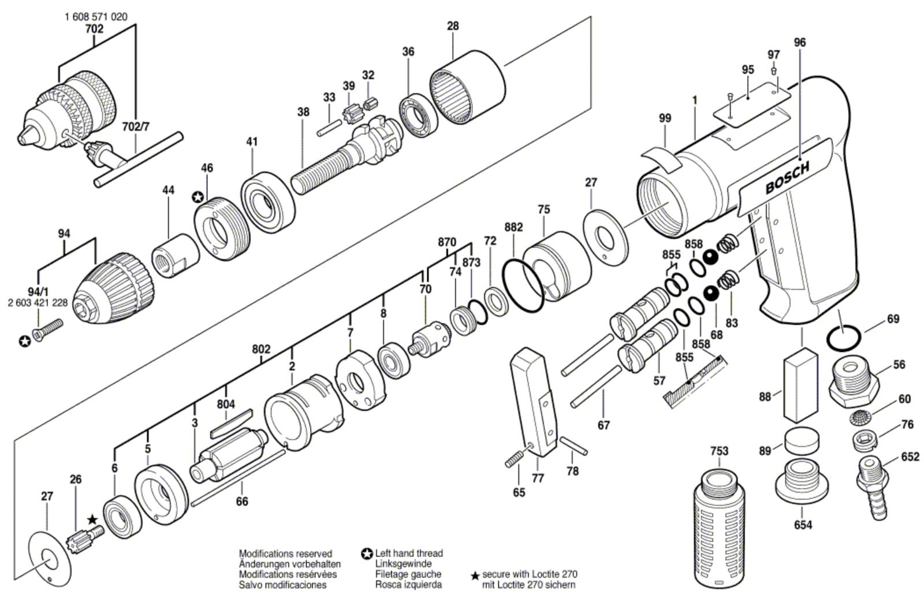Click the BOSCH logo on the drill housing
point(787,178)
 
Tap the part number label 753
point(719,451)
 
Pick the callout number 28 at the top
point(453,26)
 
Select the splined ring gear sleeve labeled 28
point(467,88)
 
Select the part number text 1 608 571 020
point(96,17)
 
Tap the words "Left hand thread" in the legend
point(409,553)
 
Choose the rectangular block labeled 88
point(801,386)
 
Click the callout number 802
point(261,349)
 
